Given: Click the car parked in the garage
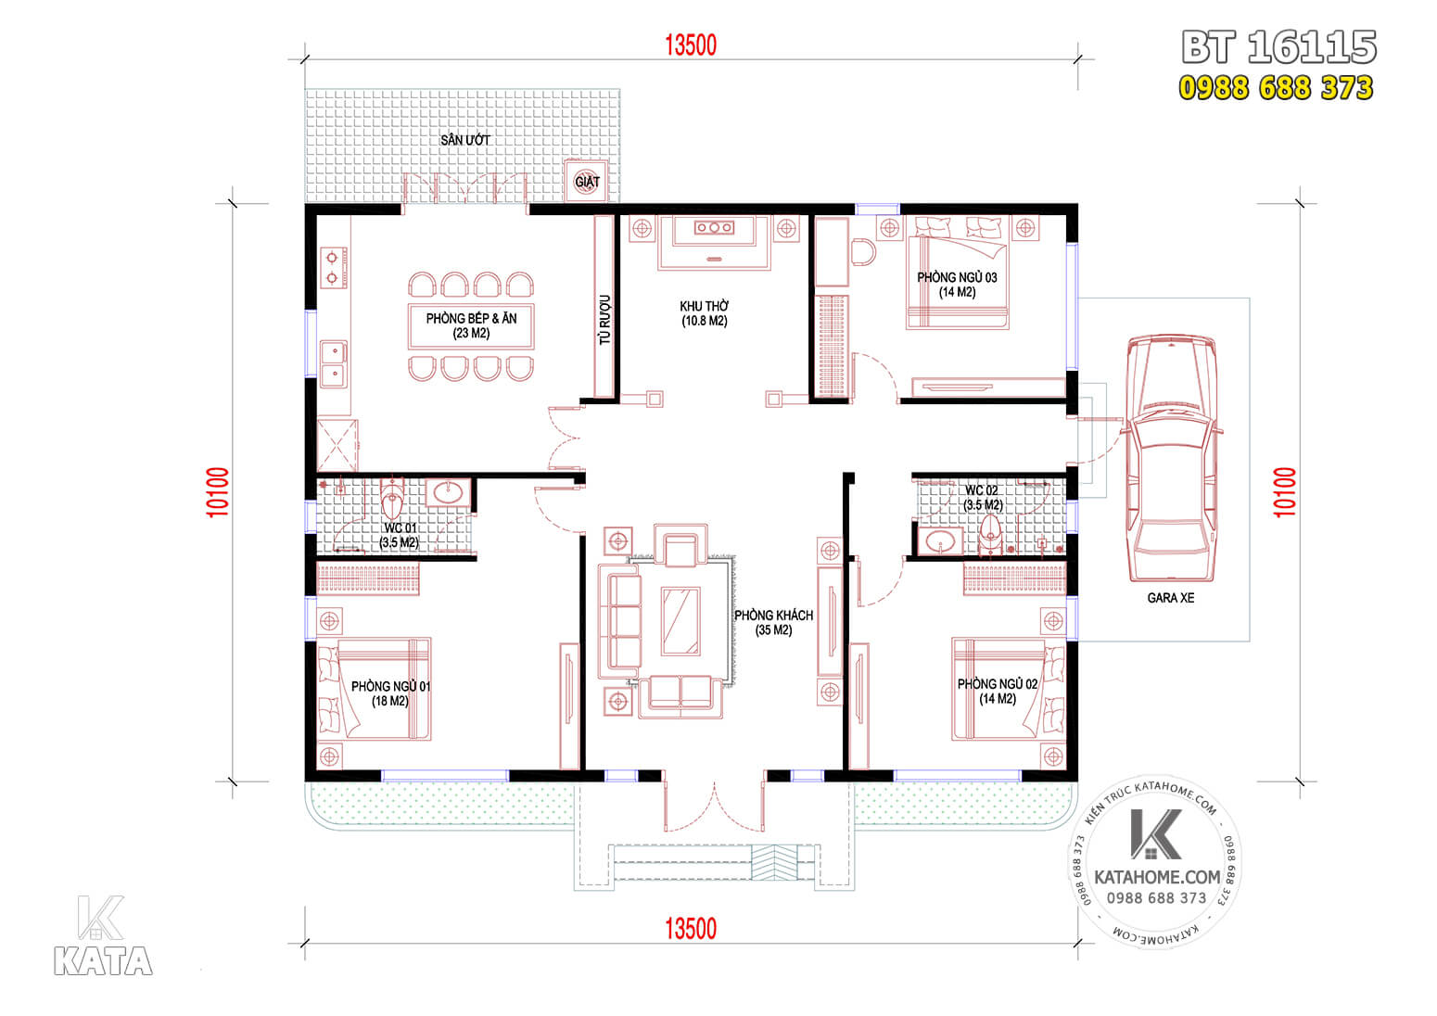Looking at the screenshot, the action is tap(1172, 458).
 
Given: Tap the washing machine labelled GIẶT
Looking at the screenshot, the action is tap(586, 182).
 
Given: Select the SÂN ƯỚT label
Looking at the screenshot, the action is tap(465, 140).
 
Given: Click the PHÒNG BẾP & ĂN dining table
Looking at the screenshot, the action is tap(471, 325).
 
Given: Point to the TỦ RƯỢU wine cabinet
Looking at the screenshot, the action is tap(604, 307).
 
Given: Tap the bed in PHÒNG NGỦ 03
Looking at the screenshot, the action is tap(957, 281).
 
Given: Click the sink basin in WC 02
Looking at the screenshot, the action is tap(940, 540).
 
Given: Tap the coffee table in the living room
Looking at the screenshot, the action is tap(681, 620).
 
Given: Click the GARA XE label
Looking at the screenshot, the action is tap(1171, 598).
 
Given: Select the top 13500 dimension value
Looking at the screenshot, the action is tap(691, 45).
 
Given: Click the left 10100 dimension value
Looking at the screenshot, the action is tap(218, 492).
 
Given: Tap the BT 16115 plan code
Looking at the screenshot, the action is tap(1278, 47).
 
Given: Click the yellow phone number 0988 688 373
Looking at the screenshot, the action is tap(1276, 87).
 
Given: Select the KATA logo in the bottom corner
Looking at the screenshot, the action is tap(103, 936).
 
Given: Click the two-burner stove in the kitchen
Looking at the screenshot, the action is tap(333, 268).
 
